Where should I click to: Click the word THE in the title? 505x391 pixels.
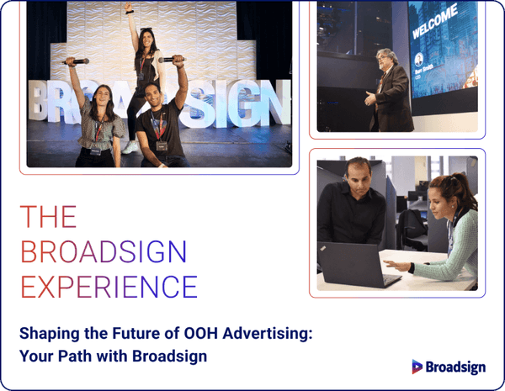pyautogui.click(x=48, y=217)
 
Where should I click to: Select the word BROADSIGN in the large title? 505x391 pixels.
pyautogui.click(x=104, y=251)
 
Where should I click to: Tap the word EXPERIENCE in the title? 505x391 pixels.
pyautogui.click(x=109, y=286)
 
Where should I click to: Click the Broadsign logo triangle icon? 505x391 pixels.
pyautogui.click(x=417, y=367)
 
